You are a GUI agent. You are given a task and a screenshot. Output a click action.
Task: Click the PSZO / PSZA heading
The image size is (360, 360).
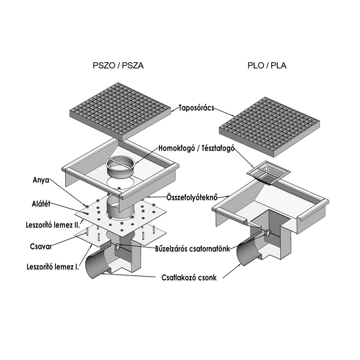click(x=118, y=66)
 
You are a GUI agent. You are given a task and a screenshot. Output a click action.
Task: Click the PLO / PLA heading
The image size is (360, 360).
click(x=267, y=66)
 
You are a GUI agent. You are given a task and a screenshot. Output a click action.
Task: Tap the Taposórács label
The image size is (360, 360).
click(x=196, y=108)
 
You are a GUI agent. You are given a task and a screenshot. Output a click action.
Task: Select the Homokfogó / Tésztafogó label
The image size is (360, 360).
click(x=197, y=148)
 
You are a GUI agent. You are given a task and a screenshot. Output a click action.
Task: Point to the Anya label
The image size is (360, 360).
click(x=41, y=180)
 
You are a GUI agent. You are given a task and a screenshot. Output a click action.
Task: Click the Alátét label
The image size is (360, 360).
click(x=41, y=204)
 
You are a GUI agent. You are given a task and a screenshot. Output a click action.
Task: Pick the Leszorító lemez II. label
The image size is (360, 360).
click(x=53, y=225)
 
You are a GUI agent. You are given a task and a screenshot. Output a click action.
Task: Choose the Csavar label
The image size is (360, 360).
click(x=41, y=246)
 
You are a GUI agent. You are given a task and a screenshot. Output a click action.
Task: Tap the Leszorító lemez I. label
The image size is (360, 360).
click(x=53, y=267)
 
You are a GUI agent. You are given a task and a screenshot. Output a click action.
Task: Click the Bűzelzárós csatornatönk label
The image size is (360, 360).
click(x=192, y=249)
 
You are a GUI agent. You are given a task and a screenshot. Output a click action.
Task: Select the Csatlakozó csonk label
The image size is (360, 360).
click(x=189, y=278)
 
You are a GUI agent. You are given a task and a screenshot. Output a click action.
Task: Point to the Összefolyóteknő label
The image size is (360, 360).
click(x=192, y=197)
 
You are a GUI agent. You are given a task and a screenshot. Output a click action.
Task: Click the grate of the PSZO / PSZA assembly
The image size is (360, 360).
click(x=120, y=111)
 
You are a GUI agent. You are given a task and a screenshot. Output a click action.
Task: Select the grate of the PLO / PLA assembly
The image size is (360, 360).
click(x=269, y=127)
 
